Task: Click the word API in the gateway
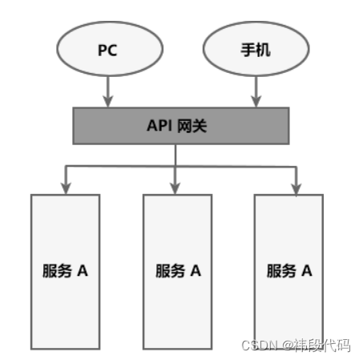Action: click(159, 126)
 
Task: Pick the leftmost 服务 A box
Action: click(65, 273)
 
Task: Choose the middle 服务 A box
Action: click(177, 273)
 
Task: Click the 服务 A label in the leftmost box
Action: click(65, 270)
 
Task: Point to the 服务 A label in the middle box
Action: click(177, 270)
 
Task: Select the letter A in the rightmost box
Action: click(306, 270)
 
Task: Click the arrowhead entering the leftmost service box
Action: click(65, 188)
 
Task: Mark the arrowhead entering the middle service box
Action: click(177, 188)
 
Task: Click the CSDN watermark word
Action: click(259, 345)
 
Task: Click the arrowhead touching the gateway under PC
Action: click(107, 102)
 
